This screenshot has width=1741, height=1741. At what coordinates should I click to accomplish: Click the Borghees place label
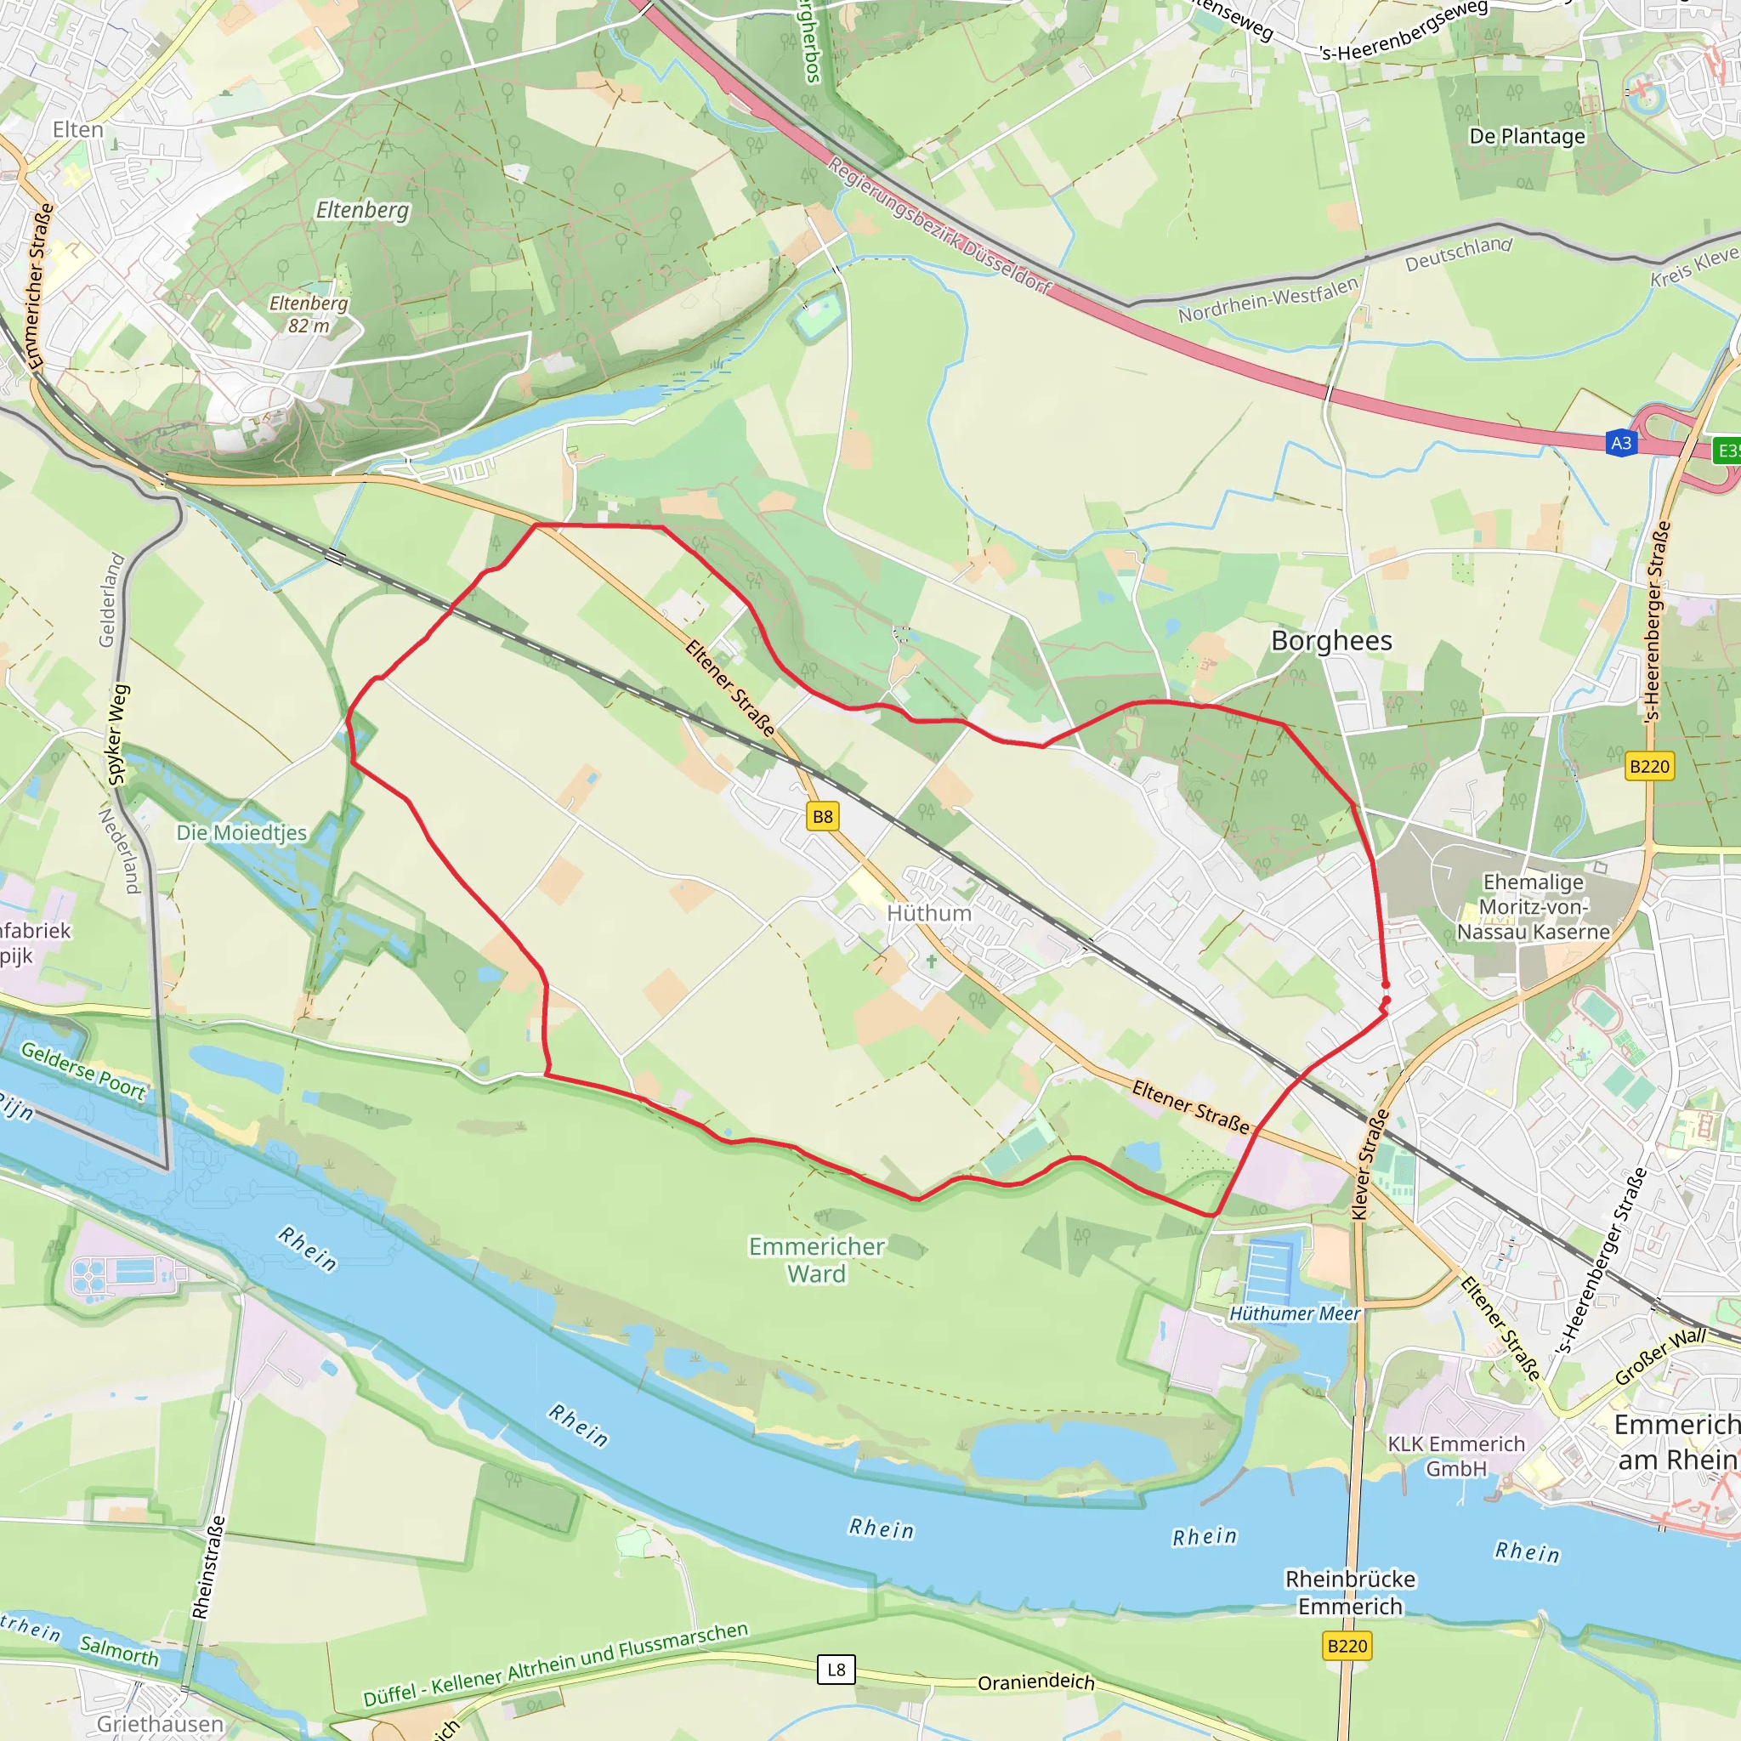point(1331,641)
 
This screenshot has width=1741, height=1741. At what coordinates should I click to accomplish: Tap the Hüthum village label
point(929,913)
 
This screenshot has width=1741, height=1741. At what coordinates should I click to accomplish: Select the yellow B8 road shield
point(823,816)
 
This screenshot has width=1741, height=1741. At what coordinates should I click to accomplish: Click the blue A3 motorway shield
point(1621,442)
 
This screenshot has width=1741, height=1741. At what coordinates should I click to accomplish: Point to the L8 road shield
point(836,1669)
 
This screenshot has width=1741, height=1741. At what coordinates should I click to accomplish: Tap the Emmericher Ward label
point(816,1260)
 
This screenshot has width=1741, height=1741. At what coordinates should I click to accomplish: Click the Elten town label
point(77,130)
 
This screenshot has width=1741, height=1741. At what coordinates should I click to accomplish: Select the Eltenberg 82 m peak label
point(309,314)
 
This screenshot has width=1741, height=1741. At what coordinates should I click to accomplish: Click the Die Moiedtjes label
point(241,832)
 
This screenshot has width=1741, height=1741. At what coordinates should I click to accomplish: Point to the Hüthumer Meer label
point(1294,1314)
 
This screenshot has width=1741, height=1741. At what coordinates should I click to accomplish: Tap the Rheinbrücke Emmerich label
point(1350,1592)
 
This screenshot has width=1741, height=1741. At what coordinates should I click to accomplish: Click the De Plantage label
point(1527,136)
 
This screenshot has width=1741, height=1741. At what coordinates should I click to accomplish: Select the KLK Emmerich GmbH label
point(1455,1455)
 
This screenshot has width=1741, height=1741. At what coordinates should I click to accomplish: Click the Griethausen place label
point(160,1723)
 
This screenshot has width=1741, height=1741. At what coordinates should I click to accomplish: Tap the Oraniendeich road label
point(1035,1681)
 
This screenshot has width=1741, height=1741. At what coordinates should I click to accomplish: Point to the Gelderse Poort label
point(83,1070)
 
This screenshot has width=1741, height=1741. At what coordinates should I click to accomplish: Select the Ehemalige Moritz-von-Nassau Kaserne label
point(1533,906)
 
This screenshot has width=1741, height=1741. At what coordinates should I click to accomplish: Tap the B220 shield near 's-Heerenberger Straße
point(1650,766)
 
